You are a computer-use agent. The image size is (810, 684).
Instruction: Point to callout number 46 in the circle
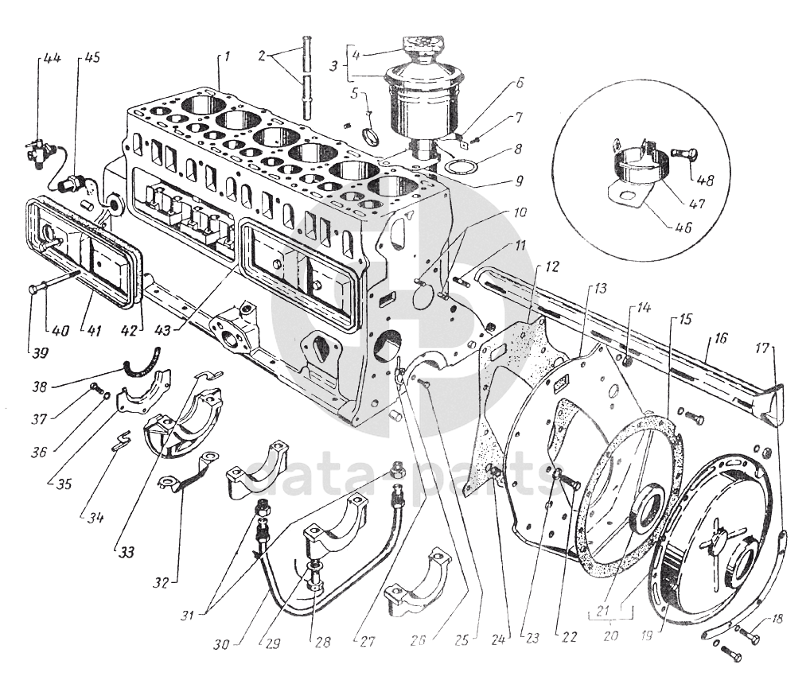683,227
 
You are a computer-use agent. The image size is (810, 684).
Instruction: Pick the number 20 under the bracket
610,635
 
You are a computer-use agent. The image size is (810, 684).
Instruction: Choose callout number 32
161,583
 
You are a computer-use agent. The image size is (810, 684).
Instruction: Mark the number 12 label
551,267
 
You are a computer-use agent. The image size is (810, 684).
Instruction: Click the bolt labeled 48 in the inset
683,154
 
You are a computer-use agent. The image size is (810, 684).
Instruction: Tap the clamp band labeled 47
637,164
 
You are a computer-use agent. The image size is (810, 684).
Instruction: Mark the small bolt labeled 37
95,387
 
